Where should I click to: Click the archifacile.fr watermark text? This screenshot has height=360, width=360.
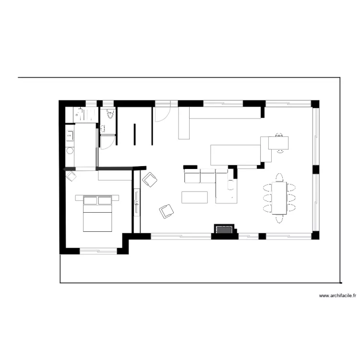point(338,296)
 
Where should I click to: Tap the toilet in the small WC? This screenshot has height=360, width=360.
point(110,114)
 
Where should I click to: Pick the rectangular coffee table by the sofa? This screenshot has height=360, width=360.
point(194,197)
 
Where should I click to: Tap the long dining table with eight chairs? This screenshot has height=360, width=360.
point(279,197)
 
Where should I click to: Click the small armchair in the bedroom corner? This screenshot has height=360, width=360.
point(71,176)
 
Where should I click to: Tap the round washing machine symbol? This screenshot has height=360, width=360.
point(70,151)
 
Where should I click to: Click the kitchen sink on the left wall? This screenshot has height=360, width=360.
point(69,136)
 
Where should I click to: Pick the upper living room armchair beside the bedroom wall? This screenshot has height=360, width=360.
point(150,180)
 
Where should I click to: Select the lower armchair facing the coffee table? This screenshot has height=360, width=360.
point(167,211)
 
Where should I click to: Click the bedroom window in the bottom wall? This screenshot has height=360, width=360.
point(98,251)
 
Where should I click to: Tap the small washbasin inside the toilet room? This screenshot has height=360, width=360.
point(103,128)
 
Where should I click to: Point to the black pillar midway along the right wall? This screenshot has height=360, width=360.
point(316,169)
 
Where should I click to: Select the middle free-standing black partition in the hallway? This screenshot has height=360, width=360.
point(134,133)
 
